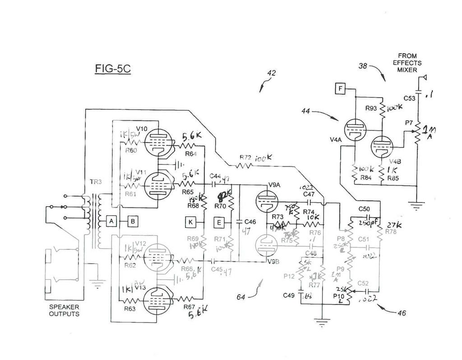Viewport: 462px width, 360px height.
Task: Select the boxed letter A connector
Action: tap(111, 221)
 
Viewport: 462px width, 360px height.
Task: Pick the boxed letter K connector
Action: tap(191, 221)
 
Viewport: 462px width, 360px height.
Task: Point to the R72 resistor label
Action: tap(245, 158)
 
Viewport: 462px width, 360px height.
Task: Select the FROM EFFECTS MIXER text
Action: tap(407, 63)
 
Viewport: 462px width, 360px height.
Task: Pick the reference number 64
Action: tap(242, 296)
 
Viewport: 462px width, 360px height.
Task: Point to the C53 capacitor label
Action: tap(409, 98)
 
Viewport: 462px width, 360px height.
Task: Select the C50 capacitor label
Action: tap(364, 209)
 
